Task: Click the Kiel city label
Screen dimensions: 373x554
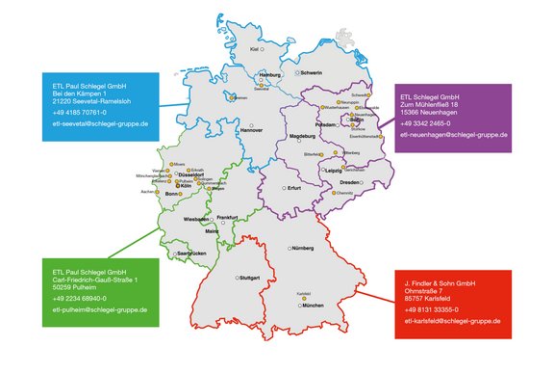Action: [x=254, y=47]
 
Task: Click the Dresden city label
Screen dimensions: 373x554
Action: [x=349, y=182]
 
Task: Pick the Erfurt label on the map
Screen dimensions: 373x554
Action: [x=294, y=188]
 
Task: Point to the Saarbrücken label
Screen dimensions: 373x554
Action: [x=191, y=253]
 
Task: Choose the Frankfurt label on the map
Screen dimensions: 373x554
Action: [x=227, y=218]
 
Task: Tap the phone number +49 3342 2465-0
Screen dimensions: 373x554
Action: [x=429, y=123]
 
